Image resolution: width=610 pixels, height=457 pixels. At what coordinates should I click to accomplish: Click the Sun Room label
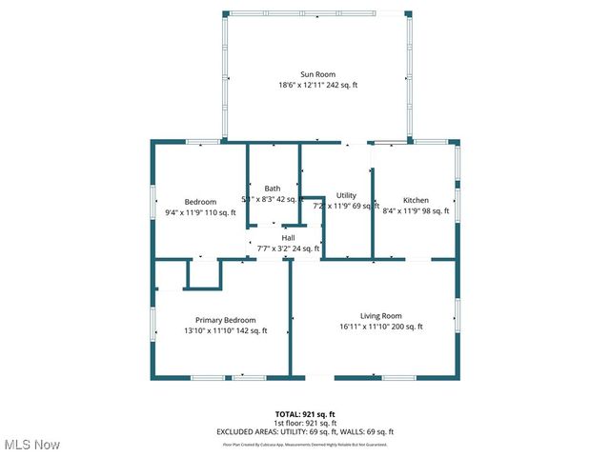[317, 74]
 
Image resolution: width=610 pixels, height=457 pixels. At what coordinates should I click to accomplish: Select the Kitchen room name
[416, 200]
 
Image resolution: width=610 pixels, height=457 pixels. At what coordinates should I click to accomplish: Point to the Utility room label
[346, 195]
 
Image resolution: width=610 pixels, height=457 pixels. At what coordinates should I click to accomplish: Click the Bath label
[273, 189]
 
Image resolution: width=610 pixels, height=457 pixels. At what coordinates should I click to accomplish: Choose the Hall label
[287, 238]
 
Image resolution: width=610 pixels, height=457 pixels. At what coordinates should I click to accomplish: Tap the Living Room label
[380, 316]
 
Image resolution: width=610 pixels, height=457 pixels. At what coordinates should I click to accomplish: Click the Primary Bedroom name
[225, 320]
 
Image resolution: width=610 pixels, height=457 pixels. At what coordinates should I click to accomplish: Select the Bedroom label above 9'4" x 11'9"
[200, 202]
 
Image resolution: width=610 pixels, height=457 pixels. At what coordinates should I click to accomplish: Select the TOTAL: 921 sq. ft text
[305, 414]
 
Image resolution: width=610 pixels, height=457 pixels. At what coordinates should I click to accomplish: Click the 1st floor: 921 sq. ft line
[305, 423]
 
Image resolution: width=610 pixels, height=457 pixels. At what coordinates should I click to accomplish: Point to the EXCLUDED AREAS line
[305, 431]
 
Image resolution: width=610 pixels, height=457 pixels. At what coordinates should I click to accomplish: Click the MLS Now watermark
[32, 445]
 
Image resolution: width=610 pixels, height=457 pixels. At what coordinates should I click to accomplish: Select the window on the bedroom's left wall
[154, 203]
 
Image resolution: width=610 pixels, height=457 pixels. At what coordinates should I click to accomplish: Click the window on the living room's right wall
[457, 315]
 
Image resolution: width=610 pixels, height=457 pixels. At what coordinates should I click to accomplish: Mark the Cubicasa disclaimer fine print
[305, 444]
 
